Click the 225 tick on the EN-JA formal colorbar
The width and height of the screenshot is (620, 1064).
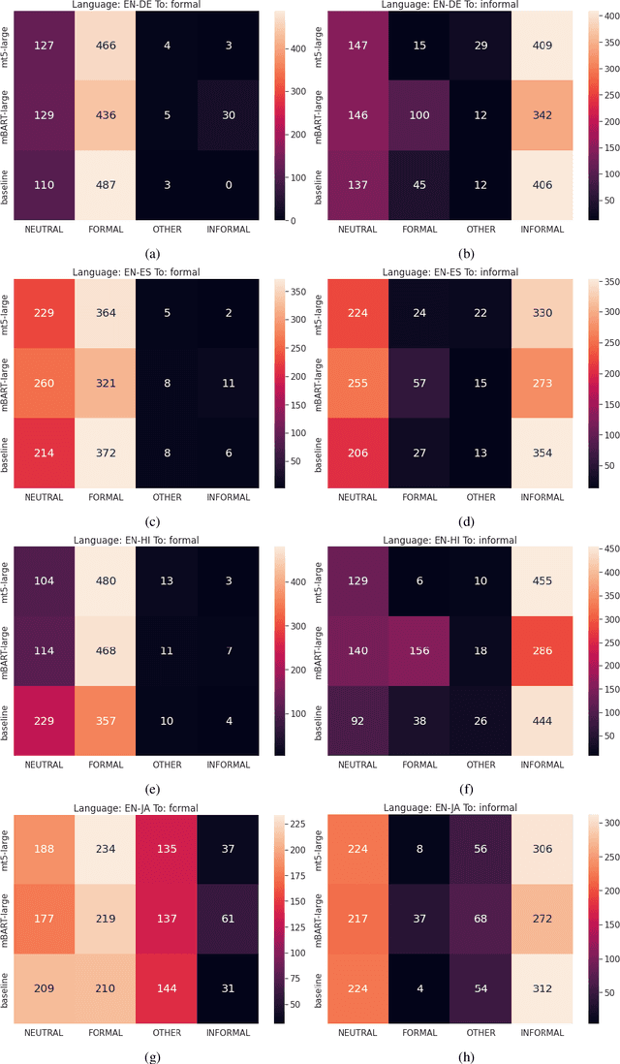[x=294, y=823]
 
